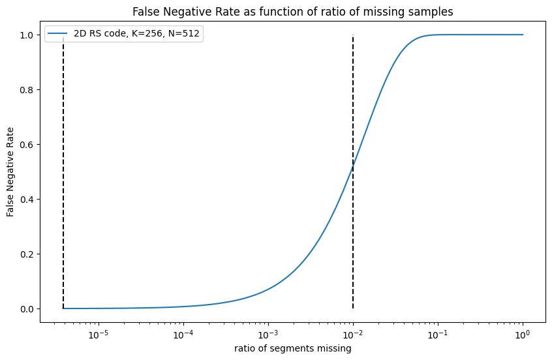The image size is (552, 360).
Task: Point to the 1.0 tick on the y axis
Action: (x=27, y=35)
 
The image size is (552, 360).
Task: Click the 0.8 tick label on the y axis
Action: (x=27, y=90)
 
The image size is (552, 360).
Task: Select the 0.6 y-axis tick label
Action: (x=27, y=145)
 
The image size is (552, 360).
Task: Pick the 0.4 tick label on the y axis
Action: (x=27, y=200)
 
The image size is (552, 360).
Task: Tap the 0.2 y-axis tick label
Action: (x=27, y=254)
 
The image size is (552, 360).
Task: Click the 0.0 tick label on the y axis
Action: (x=27, y=308)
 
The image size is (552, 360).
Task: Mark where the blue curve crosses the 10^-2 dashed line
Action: (x=353, y=167)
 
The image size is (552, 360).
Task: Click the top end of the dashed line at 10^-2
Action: (x=353, y=36)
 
